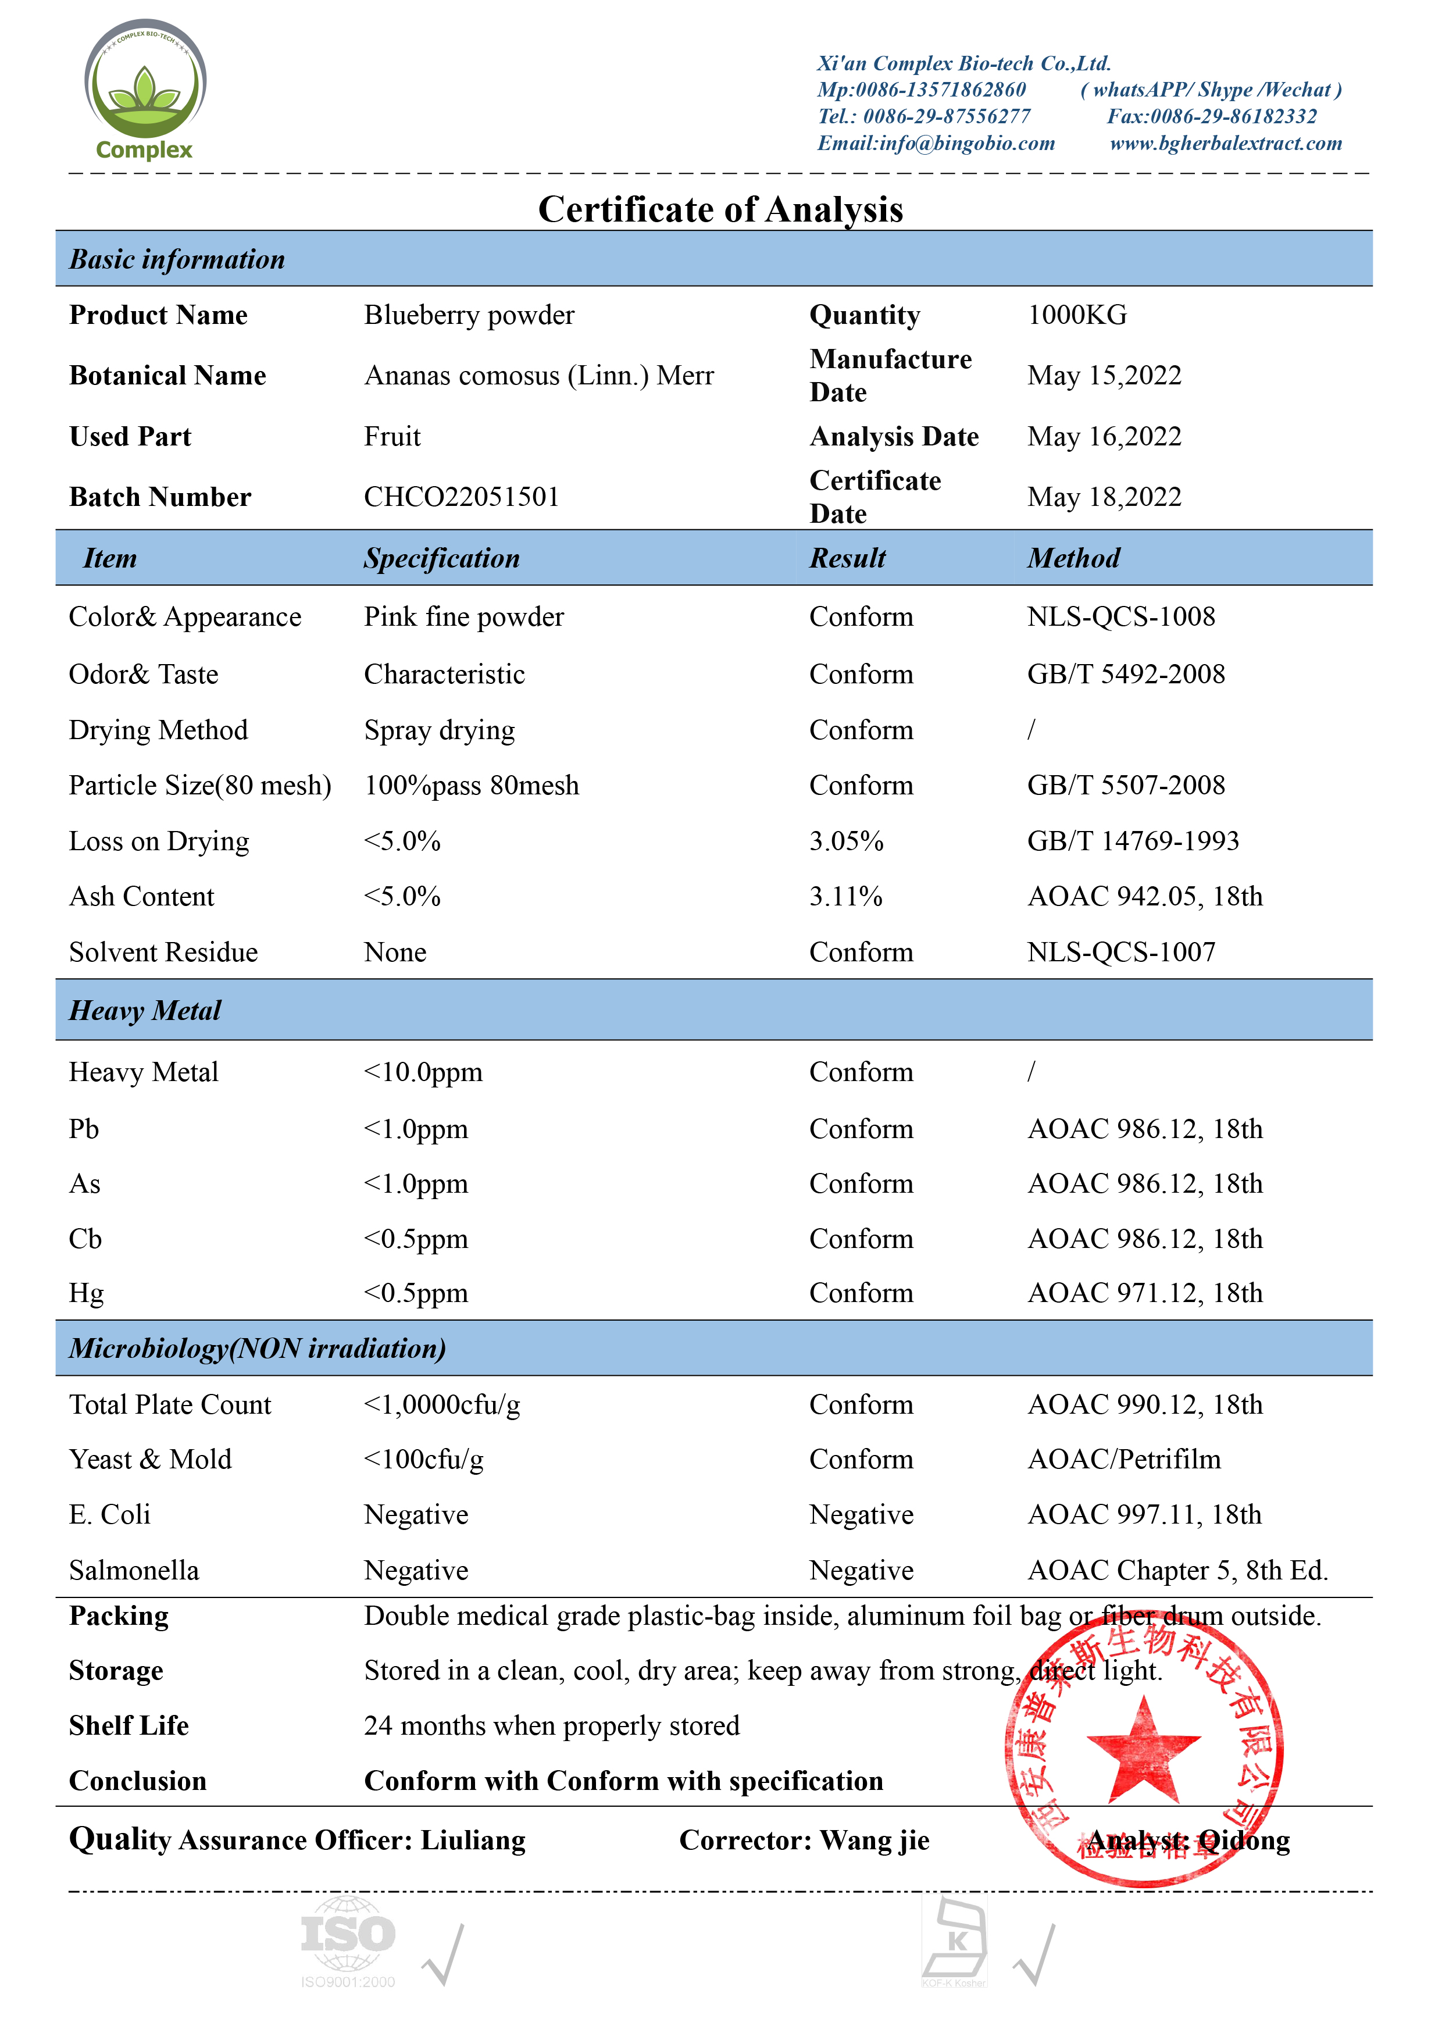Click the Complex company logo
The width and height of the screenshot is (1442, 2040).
145,89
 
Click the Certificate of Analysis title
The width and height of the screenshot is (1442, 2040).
720,210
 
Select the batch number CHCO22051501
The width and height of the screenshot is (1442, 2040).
461,497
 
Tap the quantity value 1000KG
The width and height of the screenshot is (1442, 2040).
1077,315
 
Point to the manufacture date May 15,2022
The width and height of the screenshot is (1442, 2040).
1104,375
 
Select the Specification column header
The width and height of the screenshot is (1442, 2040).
441,558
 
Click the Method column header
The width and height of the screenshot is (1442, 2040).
1073,558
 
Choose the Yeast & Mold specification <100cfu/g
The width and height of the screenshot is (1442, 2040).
424,1459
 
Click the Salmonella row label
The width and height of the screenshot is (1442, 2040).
134,1570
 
